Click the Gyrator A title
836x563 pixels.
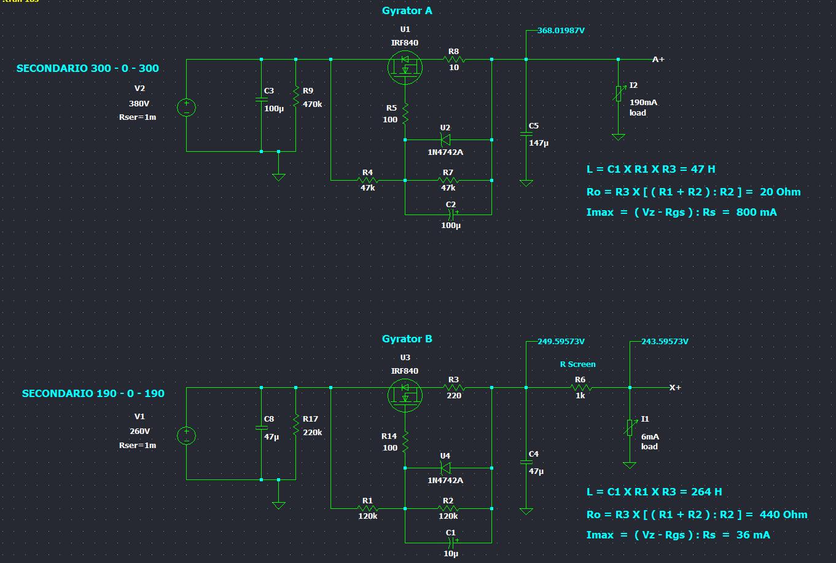point(407,11)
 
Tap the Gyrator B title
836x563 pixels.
point(407,339)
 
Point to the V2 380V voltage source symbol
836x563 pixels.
point(186,108)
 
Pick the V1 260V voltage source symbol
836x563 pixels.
point(186,436)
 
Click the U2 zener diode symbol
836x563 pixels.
point(447,140)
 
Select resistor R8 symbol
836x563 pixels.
point(454,60)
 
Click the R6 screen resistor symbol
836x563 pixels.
point(580,388)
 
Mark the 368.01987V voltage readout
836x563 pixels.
point(561,31)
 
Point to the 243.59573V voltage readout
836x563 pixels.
point(665,342)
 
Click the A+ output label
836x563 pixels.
point(658,60)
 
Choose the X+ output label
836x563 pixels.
point(675,388)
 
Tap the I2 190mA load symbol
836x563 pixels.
point(619,93)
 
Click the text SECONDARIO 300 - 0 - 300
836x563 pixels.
point(87,69)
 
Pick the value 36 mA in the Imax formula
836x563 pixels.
point(753,535)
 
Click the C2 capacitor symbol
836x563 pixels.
point(451,215)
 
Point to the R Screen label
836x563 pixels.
point(577,364)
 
